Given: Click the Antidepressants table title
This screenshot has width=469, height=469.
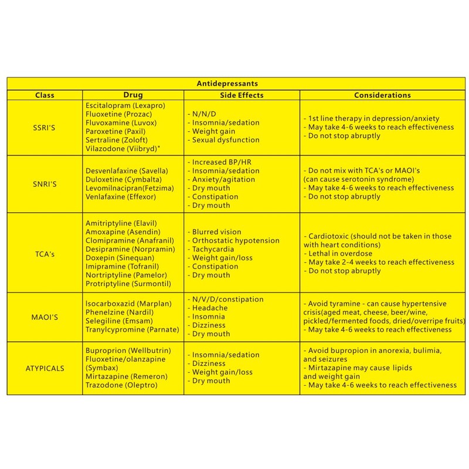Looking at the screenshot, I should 236,84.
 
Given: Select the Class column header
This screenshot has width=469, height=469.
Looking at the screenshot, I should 45,95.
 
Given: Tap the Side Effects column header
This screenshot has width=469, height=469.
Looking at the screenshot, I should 242,95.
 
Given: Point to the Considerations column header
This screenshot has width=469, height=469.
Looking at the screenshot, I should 382,95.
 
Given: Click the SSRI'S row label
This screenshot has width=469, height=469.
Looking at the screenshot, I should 45,127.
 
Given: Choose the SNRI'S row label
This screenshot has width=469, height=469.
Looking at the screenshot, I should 45,183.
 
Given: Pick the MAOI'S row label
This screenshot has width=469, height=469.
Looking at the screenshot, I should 45,317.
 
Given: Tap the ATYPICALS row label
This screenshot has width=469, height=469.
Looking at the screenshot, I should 45,368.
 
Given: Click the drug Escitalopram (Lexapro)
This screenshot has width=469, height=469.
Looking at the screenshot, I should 121,105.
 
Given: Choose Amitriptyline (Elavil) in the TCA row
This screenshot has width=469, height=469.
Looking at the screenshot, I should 121,223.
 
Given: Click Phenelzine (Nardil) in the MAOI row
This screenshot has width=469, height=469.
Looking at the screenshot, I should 113,312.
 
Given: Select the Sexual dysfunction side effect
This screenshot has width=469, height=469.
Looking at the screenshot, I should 223,140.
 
